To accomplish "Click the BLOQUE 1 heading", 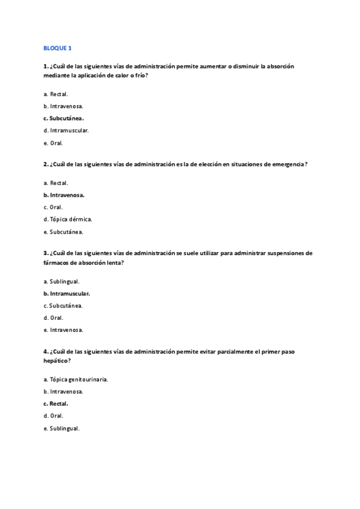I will coord(57,47).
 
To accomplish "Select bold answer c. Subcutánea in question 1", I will coord(64,118).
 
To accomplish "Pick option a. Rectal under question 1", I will coord(56,94).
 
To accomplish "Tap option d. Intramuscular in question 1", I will coord(66,130).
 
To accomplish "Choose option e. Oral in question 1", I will coord(53,143).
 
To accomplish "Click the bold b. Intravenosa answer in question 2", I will coord(64,195).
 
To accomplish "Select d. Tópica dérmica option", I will coord(68,219).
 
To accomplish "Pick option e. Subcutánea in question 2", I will coord(63,232).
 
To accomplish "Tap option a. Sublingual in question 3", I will coord(62,281).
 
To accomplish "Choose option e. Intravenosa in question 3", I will coord(63,330).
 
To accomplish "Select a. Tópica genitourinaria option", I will coord(76,379).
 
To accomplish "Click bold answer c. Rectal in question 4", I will coord(56,403).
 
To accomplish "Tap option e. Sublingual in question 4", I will coord(62,428).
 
